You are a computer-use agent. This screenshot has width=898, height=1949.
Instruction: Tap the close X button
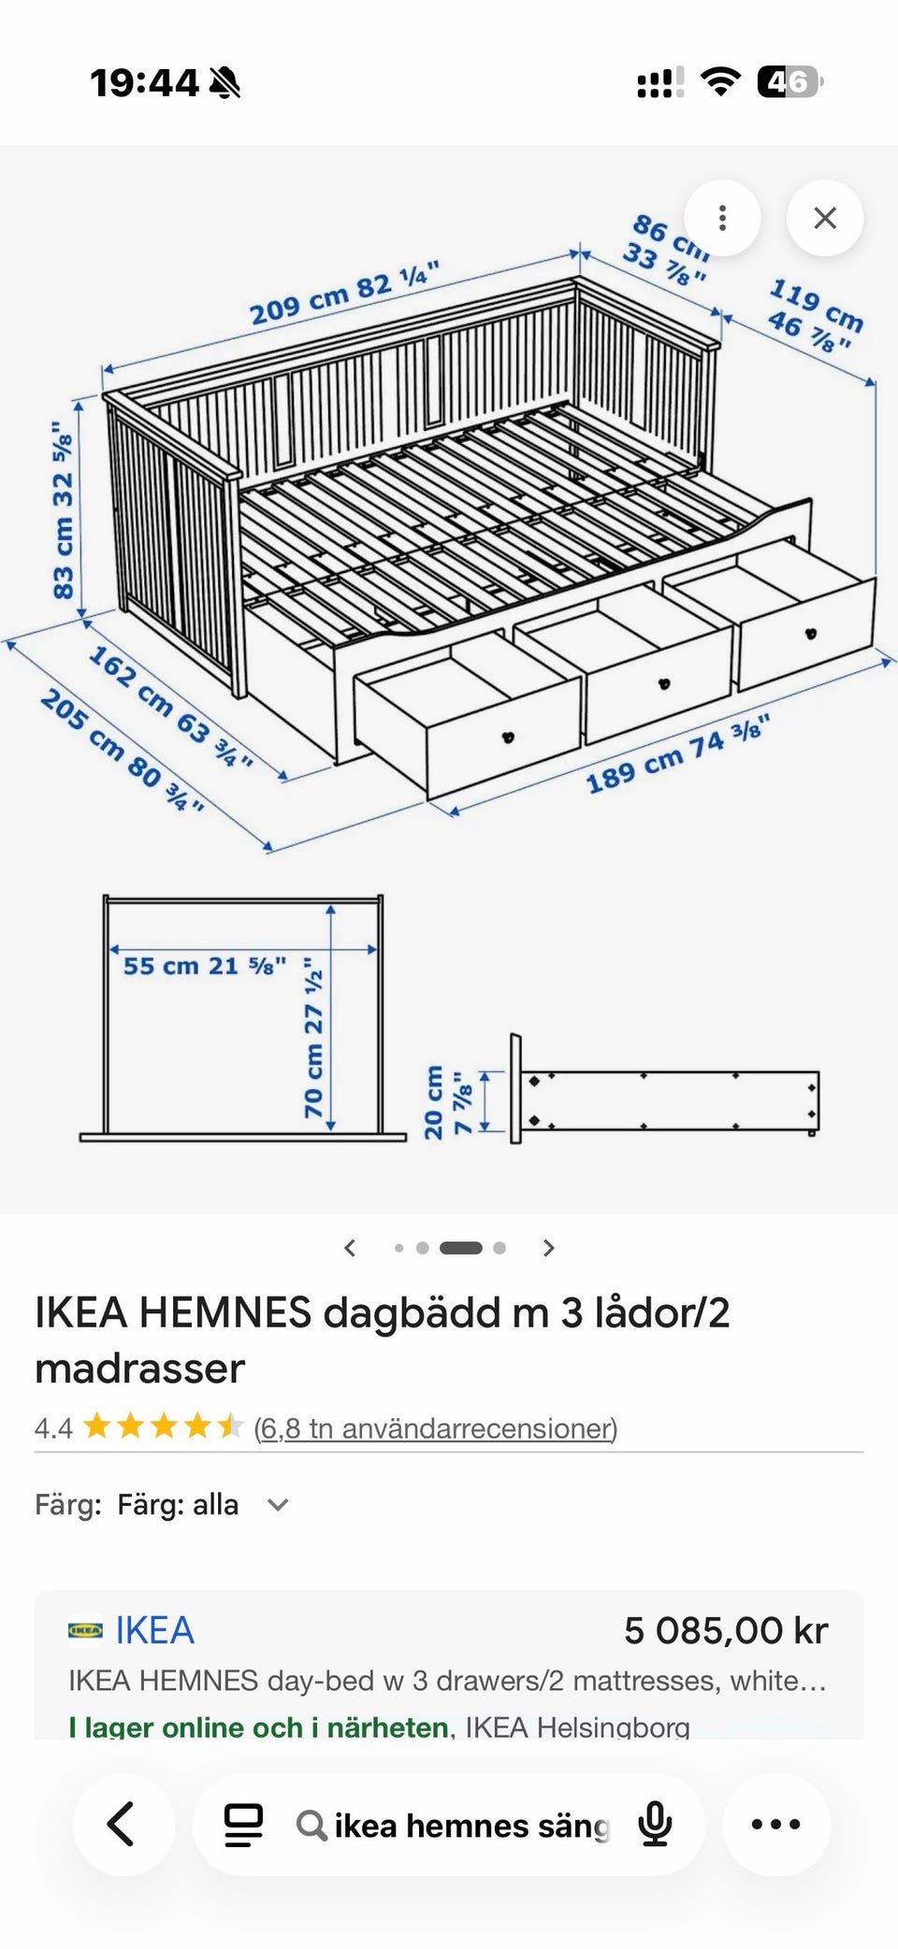click(x=824, y=218)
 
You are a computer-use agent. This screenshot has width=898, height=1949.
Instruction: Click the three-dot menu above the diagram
click(x=722, y=218)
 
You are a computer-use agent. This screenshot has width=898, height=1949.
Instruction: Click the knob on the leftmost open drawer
click(x=509, y=737)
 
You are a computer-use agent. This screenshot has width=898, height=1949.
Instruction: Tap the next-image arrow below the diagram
click(x=549, y=1248)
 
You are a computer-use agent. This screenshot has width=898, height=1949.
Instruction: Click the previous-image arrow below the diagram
click(x=350, y=1248)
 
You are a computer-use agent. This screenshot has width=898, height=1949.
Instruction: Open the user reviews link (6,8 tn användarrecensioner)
click(x=436, y=1428)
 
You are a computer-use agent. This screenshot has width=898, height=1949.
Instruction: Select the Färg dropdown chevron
click(x=278, y=1505)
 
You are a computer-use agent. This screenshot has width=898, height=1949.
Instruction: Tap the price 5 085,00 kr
click(x=726, y=1630)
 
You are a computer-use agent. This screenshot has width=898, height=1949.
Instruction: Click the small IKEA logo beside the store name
click(x=85, y=1630)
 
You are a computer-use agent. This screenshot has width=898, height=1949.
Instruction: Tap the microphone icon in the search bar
click(x=655, y=1824)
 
